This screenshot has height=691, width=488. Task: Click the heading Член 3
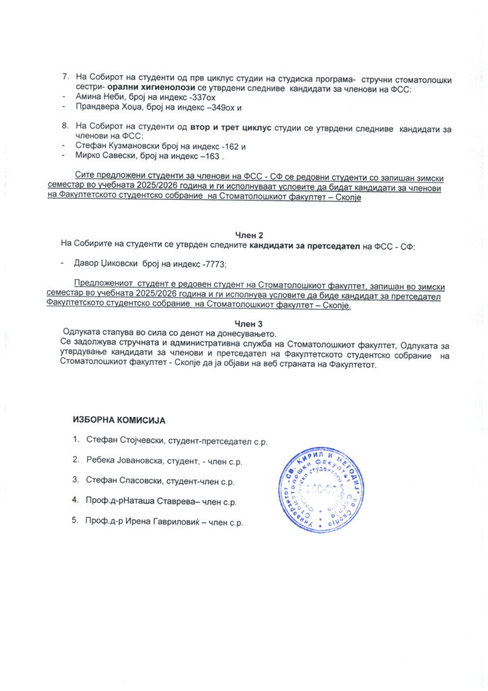[x=248, y=324]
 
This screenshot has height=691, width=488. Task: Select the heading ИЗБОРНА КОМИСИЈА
[x=119, y=420]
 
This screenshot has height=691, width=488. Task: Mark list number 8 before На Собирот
[x=65, y=126]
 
